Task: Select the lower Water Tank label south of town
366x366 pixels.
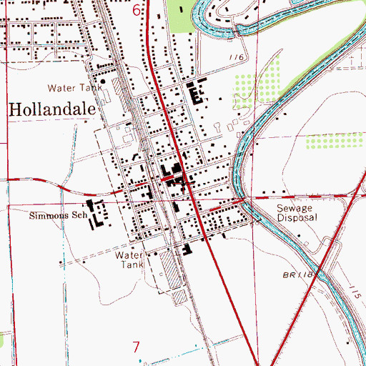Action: pos(130,259)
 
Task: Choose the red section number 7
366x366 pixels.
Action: pos(137,347)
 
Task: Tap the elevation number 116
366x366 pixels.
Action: pos(237,57)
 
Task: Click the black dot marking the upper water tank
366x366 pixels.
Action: pos(103,82)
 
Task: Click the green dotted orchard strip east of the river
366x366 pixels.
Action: pos(333,140)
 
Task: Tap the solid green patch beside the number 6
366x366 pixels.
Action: pos(182,16)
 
